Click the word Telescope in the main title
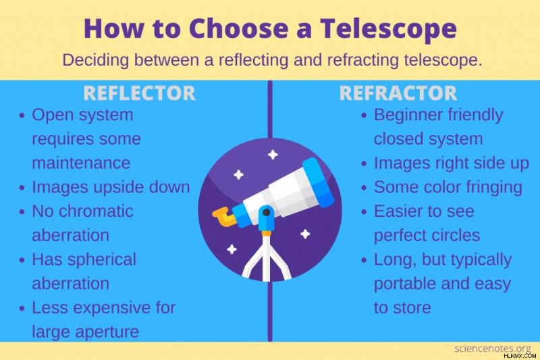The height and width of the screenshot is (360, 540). click(389, 29)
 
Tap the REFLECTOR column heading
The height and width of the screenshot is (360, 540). click(140, 93)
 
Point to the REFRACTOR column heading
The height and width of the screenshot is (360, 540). click(398, 93)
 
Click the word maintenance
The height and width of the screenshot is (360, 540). click(81, 163)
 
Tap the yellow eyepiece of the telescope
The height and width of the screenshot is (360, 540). click(224, 217)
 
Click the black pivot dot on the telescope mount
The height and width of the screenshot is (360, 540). click(266, 213)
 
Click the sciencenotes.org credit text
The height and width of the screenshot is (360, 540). click(493, 349)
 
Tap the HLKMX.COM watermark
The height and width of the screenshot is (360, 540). click(520, 356)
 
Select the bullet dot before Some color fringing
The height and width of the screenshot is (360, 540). click(364, 188)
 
